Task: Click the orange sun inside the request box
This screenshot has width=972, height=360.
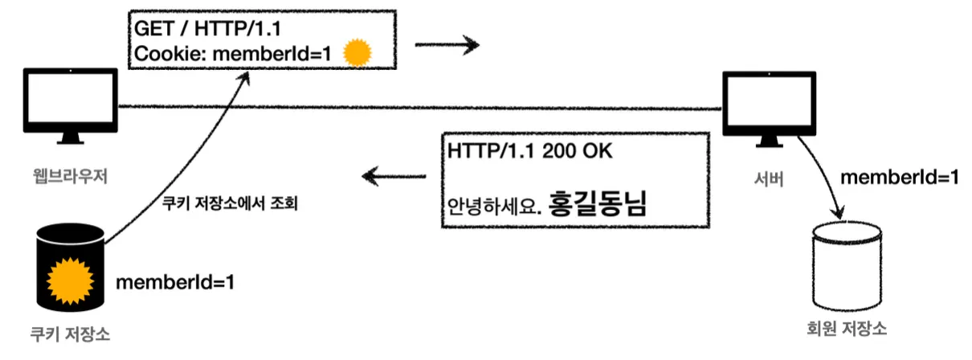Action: (357, 54)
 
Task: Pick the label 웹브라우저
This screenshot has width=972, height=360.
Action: (71, 176)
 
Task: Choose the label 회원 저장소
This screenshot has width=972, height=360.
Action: (847, 328)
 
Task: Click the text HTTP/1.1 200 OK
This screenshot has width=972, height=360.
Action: (522, 150)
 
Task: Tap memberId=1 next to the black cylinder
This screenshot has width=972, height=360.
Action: (175, 282)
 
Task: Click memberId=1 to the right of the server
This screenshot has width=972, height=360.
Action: (898, 177)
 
